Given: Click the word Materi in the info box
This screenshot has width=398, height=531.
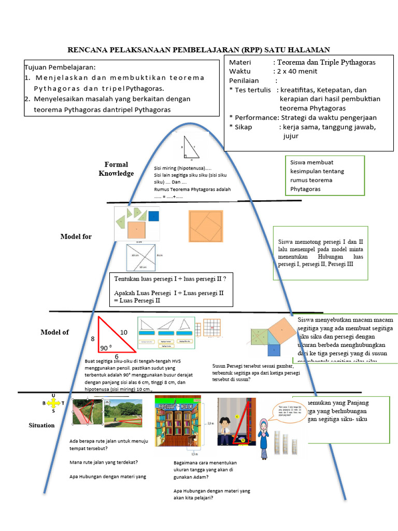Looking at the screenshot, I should point(240,63).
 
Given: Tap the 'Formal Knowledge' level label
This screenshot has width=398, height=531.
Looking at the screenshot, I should point(116,169).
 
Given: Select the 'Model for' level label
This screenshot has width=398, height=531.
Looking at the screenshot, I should point(76,236).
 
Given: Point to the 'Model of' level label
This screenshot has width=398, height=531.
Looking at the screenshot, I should point(55,332).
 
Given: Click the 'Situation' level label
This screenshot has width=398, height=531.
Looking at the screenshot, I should point(41,425).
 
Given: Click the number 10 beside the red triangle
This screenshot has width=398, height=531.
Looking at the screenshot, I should point(124,332).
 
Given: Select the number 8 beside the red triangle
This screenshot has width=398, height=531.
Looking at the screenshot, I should point(93,339).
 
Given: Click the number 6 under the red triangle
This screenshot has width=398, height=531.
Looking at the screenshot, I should point(117,357).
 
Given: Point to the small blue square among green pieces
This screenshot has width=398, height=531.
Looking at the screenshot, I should point(153,216).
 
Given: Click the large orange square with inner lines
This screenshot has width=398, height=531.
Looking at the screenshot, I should point(206,226).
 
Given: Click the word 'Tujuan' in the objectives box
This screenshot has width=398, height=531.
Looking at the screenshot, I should point(37,67).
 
